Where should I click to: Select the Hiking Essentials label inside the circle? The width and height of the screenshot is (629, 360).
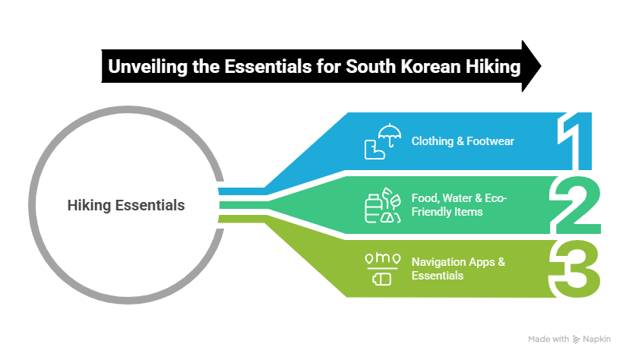point(125,205)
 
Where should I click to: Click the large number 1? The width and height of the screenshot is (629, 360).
point(576,141)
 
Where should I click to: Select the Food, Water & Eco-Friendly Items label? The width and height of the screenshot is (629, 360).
point(459,205)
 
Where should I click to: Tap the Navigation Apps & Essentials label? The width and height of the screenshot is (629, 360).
point(458,268)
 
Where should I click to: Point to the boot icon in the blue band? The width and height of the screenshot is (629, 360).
point(374,148)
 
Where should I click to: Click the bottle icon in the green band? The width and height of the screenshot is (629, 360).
point(374,208)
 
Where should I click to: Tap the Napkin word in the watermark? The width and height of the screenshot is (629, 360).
point(601,339)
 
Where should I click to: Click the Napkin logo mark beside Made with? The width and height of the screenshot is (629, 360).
point(576,339)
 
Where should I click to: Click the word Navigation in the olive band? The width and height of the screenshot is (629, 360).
point(436,262)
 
